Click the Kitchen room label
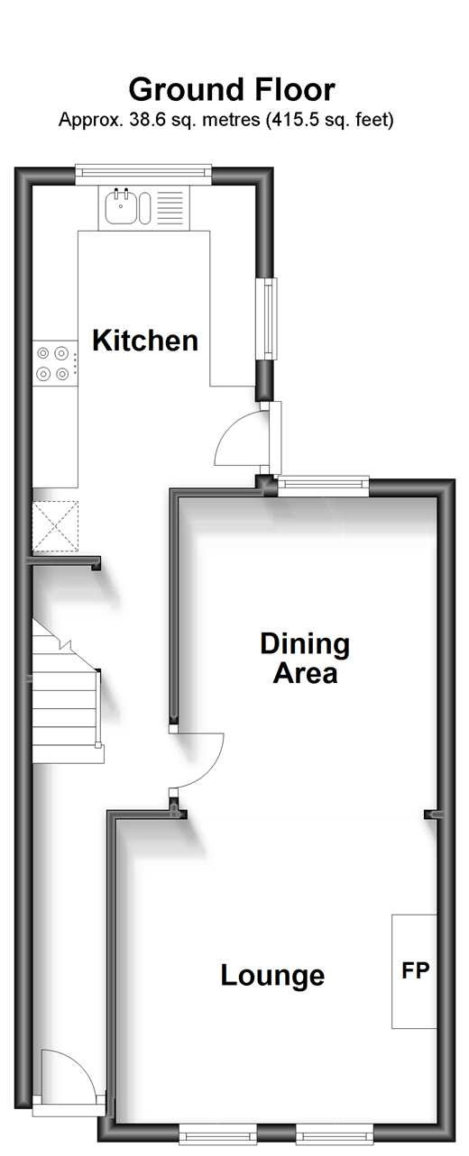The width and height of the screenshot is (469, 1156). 145,341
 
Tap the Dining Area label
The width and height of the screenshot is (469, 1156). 305,658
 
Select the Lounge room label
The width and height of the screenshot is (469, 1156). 272,976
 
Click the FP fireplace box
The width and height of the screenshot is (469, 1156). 414,971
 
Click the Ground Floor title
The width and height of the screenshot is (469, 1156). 232,89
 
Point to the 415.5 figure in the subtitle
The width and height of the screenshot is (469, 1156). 295,120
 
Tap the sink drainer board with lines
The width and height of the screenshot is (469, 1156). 170,207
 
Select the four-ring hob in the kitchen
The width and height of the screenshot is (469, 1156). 53,363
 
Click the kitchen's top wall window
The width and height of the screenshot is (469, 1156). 143,175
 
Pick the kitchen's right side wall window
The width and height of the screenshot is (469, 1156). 269,318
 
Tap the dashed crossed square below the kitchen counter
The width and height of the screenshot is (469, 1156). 56,526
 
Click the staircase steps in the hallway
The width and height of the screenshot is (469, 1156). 66,692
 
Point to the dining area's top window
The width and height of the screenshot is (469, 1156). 324,487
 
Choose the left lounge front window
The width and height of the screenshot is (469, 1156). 218,1136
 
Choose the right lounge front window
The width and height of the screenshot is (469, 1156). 335,1136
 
